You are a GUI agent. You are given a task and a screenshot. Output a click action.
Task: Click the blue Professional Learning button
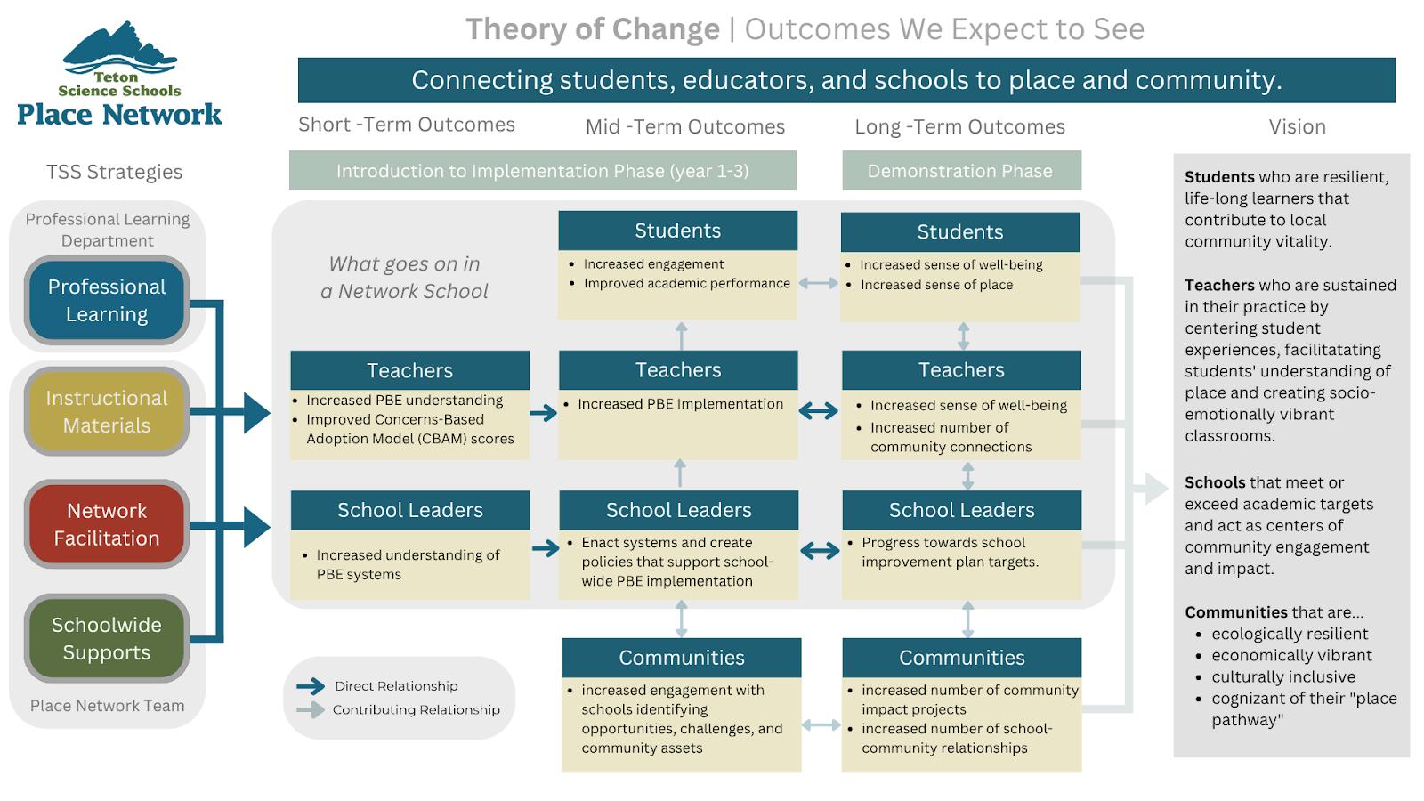point(107,300)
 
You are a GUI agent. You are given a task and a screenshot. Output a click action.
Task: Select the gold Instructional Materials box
point(107,411)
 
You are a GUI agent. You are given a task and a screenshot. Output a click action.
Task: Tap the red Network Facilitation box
point(107,524)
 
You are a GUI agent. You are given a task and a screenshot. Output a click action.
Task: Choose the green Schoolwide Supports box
point(107,638)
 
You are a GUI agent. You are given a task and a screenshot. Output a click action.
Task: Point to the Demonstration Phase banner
point(961,170)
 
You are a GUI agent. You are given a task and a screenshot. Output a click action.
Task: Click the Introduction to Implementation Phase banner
point(542,170)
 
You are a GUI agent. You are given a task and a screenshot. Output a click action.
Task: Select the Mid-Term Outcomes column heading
point(685,126)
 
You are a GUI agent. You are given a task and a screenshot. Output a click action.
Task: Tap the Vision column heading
point(1298,126)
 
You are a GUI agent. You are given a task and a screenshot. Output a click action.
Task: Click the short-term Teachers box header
point(410,370)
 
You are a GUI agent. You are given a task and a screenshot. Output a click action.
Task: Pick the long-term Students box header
point(960,232)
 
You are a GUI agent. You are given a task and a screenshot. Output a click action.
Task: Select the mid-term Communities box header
point(682,658)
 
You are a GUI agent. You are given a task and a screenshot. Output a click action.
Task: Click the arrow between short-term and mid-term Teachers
point(544,413)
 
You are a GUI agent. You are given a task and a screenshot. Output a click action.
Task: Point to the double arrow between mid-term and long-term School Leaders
point(820,550)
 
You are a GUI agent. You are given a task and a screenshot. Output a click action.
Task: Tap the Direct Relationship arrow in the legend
point(311,686)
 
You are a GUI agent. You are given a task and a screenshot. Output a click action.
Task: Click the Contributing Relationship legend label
point(417,709)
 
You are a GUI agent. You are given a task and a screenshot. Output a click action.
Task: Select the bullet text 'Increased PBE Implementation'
point(680,404)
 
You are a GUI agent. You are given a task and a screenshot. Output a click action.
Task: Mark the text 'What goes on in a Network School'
point(404,277)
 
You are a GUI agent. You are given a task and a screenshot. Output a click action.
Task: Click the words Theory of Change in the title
point(593,29)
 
